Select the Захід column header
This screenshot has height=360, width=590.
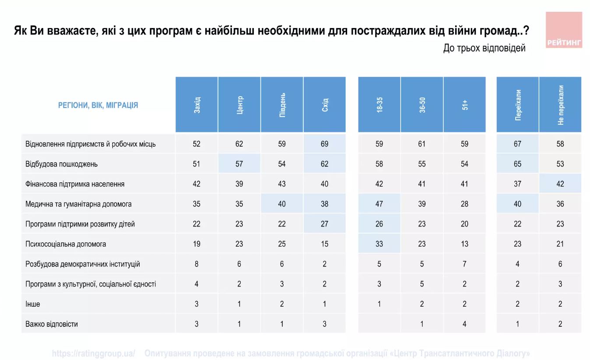click(197, 105)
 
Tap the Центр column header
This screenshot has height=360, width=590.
click(239, 105)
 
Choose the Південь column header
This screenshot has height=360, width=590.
click(282, 105)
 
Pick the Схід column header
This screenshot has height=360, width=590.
click(325, 105)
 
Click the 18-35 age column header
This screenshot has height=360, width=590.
click(379, 105)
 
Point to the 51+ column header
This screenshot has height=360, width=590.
click(465, 105)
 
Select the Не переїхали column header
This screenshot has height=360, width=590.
click(561, 105)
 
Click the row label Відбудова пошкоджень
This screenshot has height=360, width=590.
click(61, 164)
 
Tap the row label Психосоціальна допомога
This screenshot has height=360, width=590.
click(66, 244)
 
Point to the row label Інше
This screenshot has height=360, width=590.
click(32, 304)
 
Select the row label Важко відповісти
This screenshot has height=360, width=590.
click(52, 324)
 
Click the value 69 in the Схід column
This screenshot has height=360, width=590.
click(324, 144)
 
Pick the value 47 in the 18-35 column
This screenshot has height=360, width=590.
click(379, 204)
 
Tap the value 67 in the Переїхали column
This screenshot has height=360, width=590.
click(517, 144)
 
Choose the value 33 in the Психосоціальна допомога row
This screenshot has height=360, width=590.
click(379, 244)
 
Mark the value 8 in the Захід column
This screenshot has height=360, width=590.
click(197, 264)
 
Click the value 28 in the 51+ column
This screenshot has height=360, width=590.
click(464, 204)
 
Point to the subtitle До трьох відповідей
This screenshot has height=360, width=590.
click(484, 48)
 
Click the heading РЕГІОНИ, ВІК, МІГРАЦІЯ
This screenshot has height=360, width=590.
click(98, 105)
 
